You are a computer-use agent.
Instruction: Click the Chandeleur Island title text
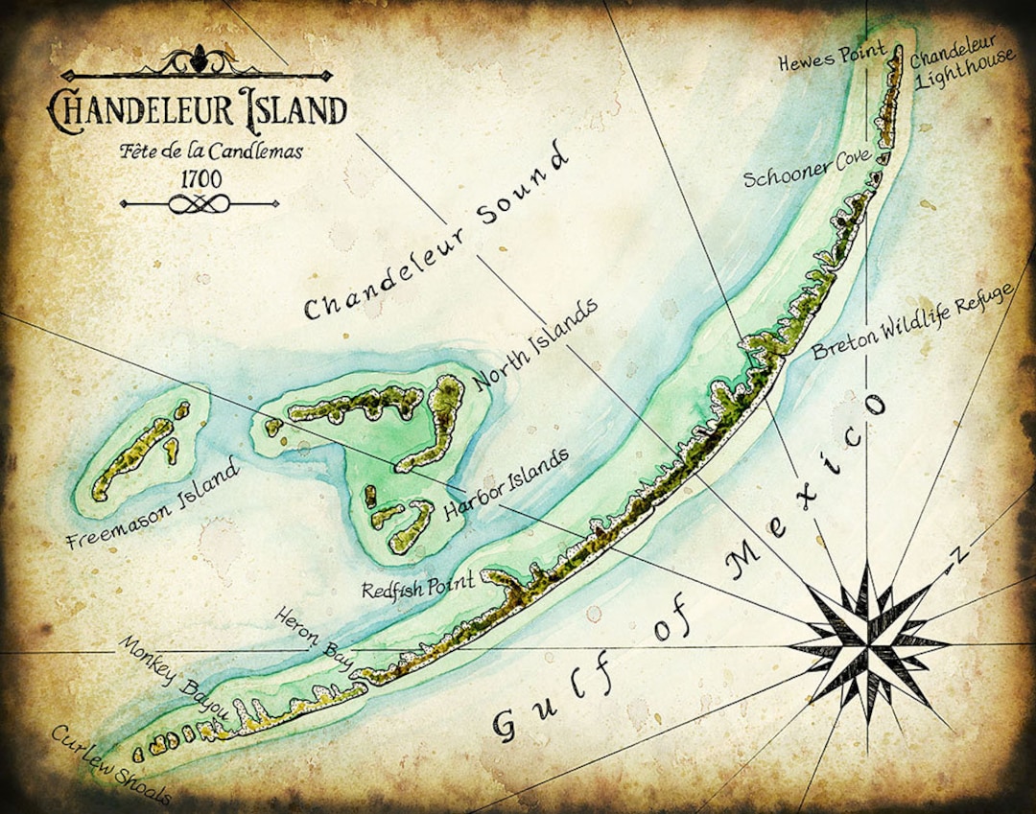click(197, 108)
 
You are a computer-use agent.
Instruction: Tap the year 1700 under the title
click(200, 178)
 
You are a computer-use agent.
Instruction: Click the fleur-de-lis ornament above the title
click(200, 59)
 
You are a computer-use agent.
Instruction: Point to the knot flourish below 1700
click(200, 203)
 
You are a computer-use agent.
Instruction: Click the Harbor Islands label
click(506, 484)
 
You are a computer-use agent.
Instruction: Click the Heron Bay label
click(314, 637)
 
